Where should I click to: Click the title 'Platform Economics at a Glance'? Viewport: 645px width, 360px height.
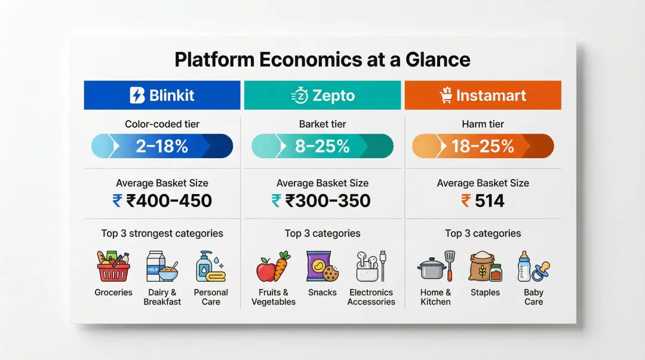point(322,60)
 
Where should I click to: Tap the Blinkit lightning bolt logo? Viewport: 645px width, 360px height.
point(137,96)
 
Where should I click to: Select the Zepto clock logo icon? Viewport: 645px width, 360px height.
point(299,96)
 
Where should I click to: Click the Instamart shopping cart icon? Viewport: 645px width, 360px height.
point(446,96)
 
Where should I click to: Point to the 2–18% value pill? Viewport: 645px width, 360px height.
point(162,146)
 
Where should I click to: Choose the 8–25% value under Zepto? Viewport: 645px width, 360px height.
point(322,146)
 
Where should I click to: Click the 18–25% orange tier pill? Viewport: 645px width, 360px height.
point(483,146)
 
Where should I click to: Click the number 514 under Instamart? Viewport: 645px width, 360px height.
point(489,201)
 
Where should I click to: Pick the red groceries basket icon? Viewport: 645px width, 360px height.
point(113,266)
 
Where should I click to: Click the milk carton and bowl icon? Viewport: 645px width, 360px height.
point(162,266)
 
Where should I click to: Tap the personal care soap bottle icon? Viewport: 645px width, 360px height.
point(210,266)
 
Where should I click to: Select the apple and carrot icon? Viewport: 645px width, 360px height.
point(273,266)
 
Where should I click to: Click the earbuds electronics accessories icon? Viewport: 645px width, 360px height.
point(371,266)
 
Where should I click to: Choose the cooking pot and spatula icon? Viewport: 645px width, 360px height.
point(435,266)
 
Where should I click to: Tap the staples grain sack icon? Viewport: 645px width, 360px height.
point(485,266)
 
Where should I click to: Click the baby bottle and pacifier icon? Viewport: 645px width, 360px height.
point(533,266)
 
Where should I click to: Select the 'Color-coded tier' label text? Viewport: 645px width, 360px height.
point(162,124)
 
